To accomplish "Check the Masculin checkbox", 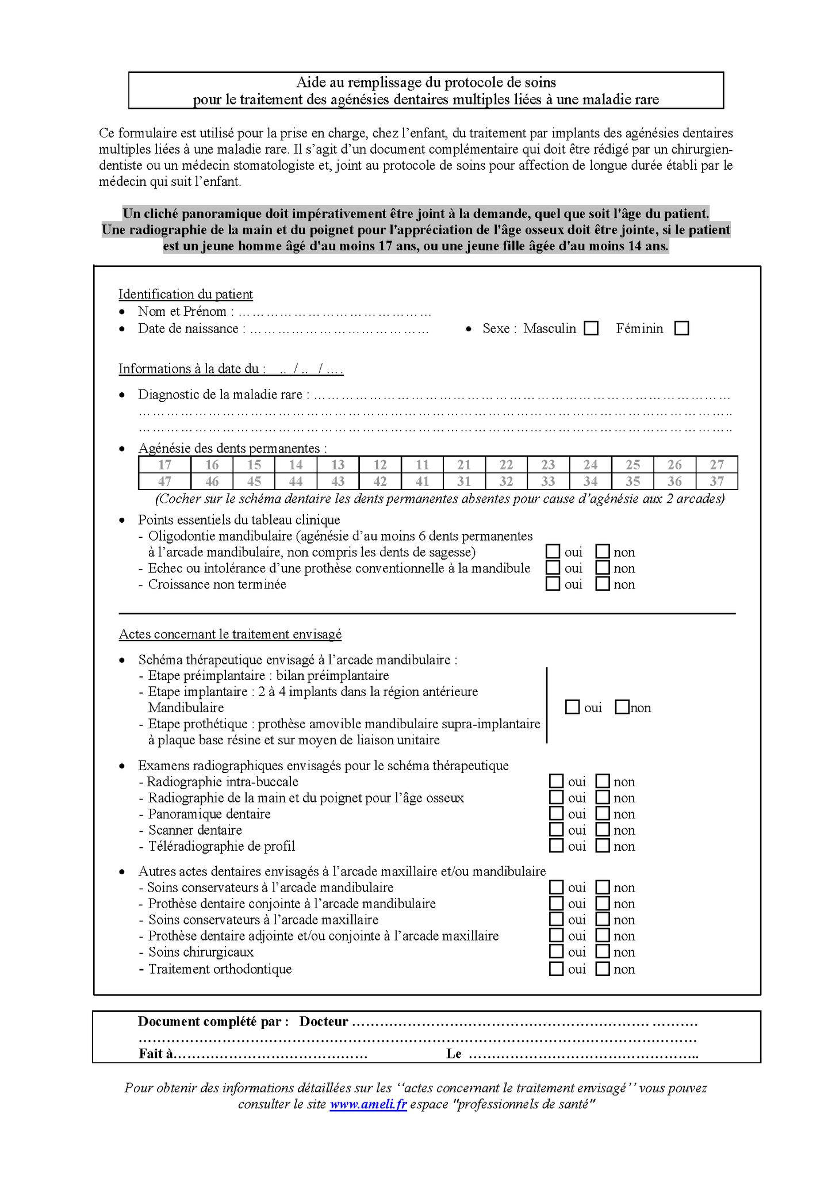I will click(x=591, y=328).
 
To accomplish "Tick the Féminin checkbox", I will click(x=681, y=328).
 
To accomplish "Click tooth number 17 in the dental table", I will click(x=164, y=465).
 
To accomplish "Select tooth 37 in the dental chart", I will click(x=716, y=481).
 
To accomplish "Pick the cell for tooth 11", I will click(x=422, y=465).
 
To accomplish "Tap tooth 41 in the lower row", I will click(x=422, y=481).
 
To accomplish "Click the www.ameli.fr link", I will click(x=368, y=1104).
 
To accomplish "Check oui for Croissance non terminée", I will click(x=553, y=584).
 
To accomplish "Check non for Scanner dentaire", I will click(x=603, y=829).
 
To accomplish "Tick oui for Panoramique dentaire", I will click(x=556, y=813).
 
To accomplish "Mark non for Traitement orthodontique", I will click(x=603, y=969).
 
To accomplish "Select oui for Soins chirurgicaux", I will click(x=556, y=952).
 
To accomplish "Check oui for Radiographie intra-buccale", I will click(x=556, y=781).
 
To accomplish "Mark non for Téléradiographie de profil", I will click(x=603, y=846).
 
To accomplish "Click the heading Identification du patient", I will click(x=186, y=294).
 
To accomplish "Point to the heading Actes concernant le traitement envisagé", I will click(x=230, y=634).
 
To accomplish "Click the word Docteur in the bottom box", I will click(x=324, y=1022).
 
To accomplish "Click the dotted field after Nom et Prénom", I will click(x=335, y=312).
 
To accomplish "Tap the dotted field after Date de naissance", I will click(x=339, y=330).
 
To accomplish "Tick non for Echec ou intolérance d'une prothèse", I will click(x=603, y=568).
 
